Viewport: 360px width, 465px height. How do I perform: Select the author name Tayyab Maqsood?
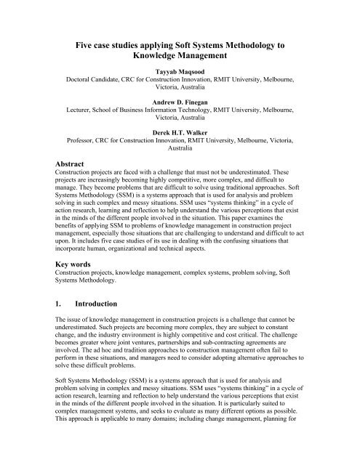click(x=180, y=73)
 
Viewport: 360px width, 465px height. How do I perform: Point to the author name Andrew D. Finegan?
click(x=180, y=102)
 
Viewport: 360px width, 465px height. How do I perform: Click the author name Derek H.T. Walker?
click(x=180, y=131)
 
